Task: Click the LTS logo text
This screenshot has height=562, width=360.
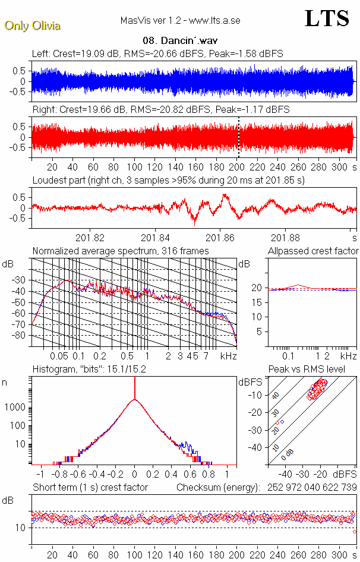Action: (327, 19)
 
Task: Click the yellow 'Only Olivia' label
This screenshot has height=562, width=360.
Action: (32, 26)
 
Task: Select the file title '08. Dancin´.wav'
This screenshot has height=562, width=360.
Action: (179, 41)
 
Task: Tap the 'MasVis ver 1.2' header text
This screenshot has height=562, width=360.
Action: (150, 20)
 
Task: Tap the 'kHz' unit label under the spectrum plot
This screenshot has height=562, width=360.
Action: (228, 356)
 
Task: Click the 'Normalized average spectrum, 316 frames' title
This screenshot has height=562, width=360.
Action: (121, 251)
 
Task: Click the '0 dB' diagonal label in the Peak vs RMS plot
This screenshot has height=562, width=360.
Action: (289, 453)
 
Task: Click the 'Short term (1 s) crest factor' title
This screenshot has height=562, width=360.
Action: (90, 487)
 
